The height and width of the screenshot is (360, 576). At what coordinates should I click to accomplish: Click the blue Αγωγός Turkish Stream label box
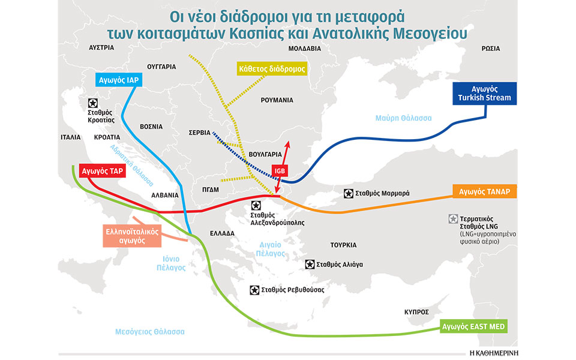pyautogui.click(x=482, y=94)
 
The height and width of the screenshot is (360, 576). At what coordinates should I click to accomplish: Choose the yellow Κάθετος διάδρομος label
pyautogui.click(x=272, y=69)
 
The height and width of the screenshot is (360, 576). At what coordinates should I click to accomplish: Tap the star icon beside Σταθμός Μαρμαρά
pyautogui.click(x=349, y=193)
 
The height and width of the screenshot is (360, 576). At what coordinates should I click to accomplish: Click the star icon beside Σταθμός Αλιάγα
pyautogui.click(x=309, y=264)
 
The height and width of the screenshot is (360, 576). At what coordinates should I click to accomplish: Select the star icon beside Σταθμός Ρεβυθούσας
pyautogui.click(x=255, y=289)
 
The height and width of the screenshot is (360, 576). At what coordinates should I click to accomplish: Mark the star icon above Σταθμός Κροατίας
pyautogui.click(x=93, y=103)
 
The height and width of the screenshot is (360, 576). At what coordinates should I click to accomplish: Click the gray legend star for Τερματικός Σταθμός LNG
pyautogui.click(x=452, y=218)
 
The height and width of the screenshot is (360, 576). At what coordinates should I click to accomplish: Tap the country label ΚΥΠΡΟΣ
pyautogui.click(x=416, y=312)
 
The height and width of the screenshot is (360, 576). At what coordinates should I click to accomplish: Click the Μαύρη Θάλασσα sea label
pyautogui.click(x=403, y=118)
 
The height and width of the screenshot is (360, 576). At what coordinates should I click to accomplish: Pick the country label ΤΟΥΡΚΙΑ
pyautogui.click(x=343, y=245)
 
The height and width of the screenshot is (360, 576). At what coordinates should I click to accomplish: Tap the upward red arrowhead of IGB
pyautogui.click(x=288, y=143)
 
